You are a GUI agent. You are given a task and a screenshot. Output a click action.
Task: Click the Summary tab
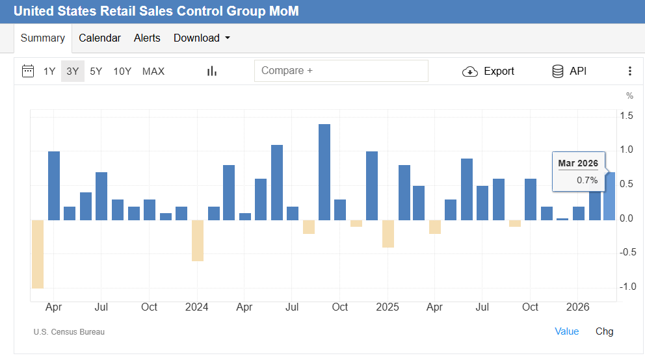pos(43,38)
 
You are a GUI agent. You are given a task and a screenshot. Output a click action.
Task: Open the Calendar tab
pos(99,38)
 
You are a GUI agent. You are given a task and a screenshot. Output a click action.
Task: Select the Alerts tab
pos(147,38)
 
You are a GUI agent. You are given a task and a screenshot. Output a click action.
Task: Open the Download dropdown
pos(202,38)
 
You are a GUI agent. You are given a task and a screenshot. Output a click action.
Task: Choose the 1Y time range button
pos(49,71)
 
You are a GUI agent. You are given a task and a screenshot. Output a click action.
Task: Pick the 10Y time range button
pos(122,71)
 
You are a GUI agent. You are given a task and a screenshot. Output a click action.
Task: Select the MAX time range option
pos(153,71)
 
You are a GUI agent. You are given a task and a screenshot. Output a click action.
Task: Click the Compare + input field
pos(341,71)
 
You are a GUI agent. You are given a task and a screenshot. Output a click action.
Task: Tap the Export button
pos(488,71)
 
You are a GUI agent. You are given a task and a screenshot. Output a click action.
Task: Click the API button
pos(569,71)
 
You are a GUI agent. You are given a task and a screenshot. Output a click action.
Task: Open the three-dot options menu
pos(629,71)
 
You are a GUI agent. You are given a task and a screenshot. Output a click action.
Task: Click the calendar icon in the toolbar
pos(28,71)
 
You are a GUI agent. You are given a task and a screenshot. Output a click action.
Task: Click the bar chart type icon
pos(211,71)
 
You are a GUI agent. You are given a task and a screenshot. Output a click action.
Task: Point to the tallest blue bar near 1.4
pos(324,172)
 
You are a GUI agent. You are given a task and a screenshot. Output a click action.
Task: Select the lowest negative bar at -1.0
pos(38,254)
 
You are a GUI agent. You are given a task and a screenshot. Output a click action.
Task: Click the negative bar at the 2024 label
pos(197,240)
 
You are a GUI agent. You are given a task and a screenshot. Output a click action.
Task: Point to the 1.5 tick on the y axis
pos(627,116)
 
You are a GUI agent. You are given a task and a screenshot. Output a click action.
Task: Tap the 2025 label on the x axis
pos(388,307)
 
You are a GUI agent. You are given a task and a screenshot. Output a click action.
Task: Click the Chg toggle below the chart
pos(604,331)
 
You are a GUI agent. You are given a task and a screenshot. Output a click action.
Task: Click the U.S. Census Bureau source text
pos(69,332)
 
